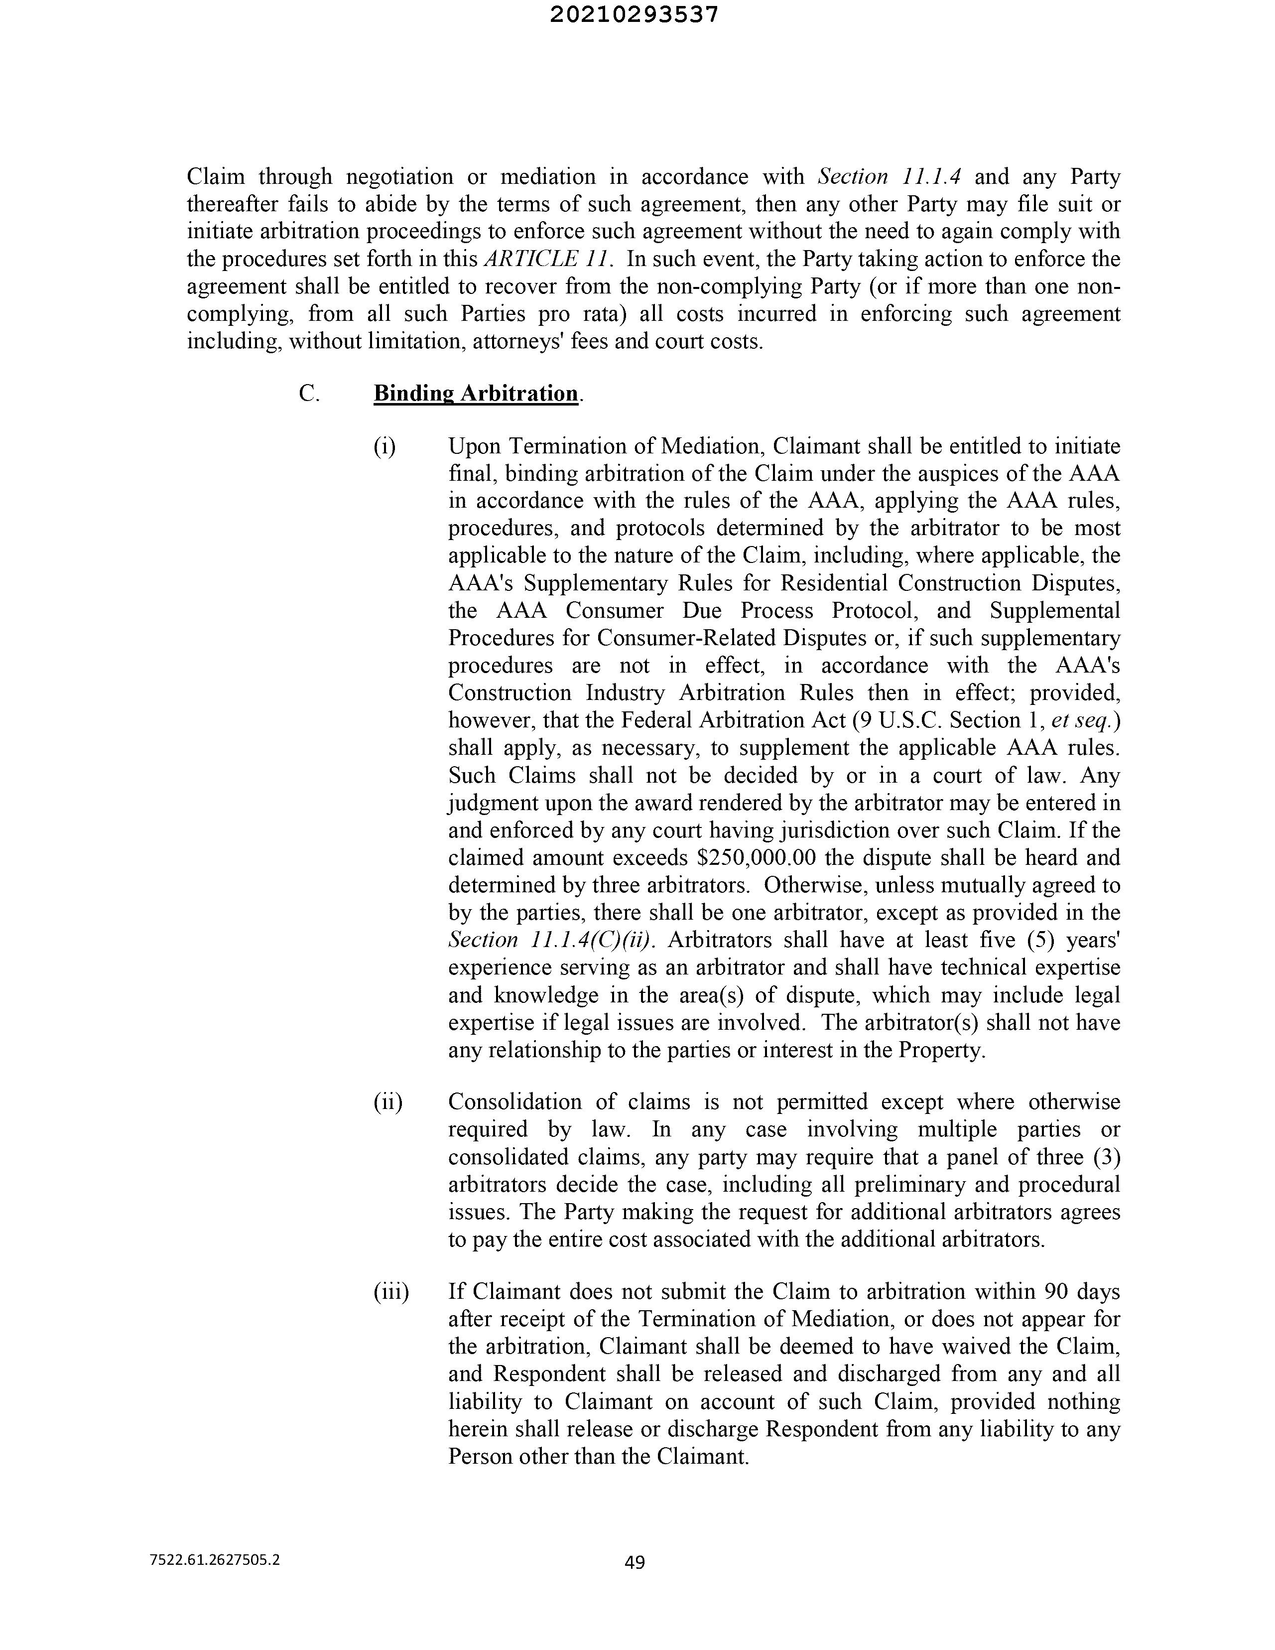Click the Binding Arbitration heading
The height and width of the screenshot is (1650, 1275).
476,394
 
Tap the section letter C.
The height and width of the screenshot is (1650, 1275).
308,394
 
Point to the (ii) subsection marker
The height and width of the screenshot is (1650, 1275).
387,1102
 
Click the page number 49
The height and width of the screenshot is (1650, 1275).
635,1562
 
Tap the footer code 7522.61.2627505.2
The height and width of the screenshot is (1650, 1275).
215,1559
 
